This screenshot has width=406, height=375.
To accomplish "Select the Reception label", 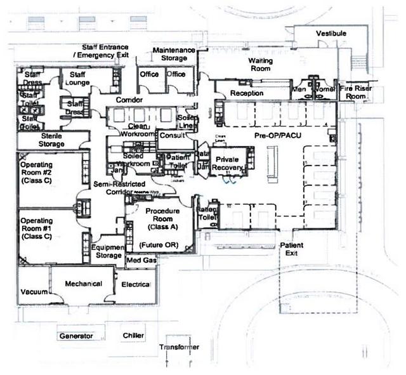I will tap(247, 93).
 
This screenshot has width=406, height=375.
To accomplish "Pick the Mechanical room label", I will tap(82, 284).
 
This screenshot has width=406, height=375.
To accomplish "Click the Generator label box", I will tap(77, 335).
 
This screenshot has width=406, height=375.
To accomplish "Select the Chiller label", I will tap(134, 334).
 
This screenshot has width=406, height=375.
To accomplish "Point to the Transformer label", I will tap(180, 347).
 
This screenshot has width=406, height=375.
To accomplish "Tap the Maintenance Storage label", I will tap(170, 54).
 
